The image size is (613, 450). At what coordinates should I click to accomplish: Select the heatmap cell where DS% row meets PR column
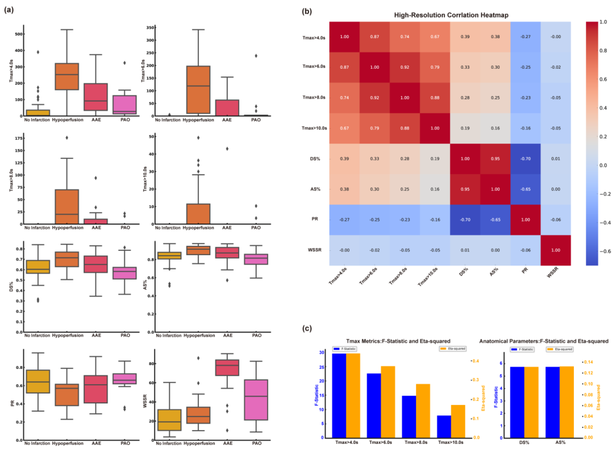525,159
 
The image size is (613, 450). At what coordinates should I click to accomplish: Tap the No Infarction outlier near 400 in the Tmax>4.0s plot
38,52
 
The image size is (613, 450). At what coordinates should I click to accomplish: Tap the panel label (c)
307,329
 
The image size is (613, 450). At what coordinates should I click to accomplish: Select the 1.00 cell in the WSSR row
555,250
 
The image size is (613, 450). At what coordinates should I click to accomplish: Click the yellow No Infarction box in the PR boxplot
38,381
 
